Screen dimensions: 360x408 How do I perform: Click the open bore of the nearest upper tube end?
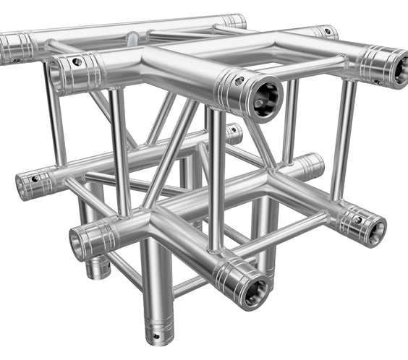tap(265, 96)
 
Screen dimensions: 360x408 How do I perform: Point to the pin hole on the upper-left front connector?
tap(75, 63)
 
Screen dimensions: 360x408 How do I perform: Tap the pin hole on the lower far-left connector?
tap(34, 177)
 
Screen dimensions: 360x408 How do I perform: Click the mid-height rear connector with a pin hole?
tap(233, 134)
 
